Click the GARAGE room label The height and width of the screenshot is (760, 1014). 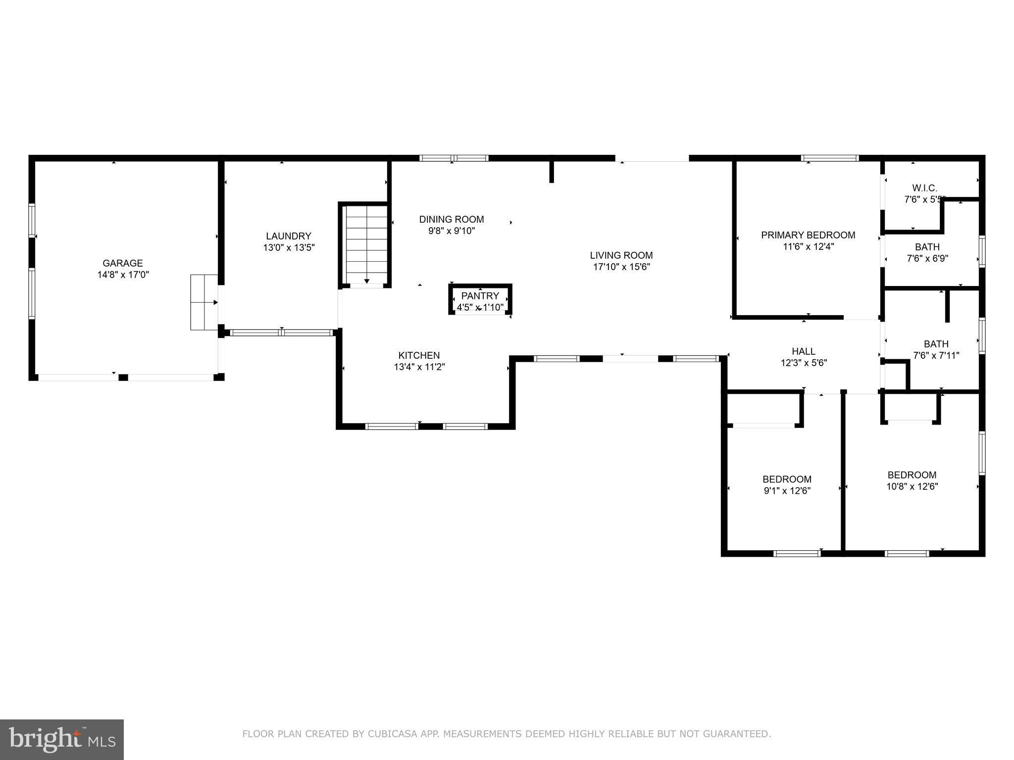pos(123,263)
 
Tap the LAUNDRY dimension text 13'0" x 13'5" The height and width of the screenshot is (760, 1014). pos(289,247)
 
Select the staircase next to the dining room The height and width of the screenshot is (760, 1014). pos(366,244)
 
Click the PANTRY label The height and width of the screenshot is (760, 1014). pos(480,296)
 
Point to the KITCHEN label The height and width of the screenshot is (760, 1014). pos(419,355)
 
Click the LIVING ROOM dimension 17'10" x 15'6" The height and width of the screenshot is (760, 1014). pos(621,267)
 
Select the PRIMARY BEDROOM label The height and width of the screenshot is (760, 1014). pos(808,235)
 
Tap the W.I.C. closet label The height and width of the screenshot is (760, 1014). pos(924,188)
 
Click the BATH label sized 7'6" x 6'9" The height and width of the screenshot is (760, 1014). pos(927,247)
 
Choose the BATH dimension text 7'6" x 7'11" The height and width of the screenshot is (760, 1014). pos(936,355)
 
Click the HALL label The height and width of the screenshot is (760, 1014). pos(804,351)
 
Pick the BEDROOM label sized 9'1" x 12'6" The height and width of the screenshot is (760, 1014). pos(787,479)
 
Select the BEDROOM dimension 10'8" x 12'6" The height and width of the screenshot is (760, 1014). pos(912,486)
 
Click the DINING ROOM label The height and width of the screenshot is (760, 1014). pos(452,219)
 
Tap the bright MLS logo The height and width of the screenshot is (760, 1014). pos(62,739)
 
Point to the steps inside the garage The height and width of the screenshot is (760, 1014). pos(204,302)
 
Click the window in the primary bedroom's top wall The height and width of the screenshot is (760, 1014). pos(830,158)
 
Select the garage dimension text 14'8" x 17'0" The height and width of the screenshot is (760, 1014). pos(123,275)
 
